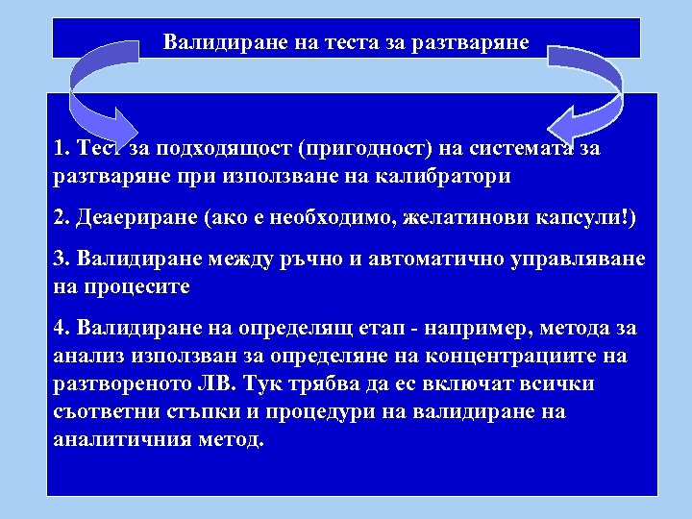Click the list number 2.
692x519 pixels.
pos(62,218)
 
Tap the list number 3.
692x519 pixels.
pos(62,260)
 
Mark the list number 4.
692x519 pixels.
pos(62,329)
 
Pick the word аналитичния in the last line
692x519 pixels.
pos(129,439)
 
